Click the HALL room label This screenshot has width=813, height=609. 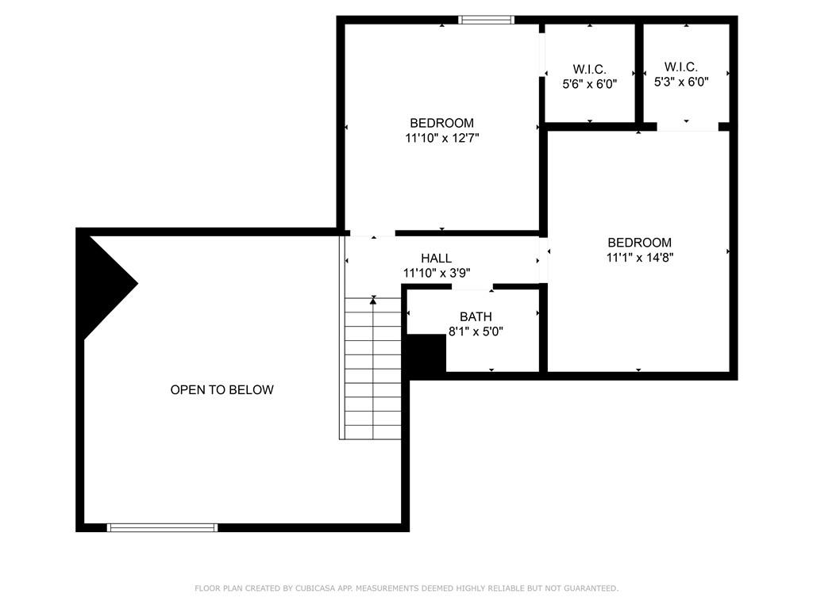click(436, 259)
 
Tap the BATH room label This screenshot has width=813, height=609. click(475, 317)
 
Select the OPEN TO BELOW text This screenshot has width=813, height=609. click(222, 390)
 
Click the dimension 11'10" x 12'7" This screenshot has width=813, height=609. click(441, 138)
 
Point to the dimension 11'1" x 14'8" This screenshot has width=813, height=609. click(640, 257)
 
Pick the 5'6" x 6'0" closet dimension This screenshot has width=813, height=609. click(589, 82)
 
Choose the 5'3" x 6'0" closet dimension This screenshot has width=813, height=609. click(681, 82)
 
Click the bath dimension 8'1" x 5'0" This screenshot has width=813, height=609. click(476, 331)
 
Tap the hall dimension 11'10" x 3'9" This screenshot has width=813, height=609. click(436, 273)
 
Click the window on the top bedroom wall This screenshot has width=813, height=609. click(487, 20)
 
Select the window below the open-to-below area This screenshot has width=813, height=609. click(162, 527)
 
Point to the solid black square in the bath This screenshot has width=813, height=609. click(426, 353)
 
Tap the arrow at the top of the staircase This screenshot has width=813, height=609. click(373, 301)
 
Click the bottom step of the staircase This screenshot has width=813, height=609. click(373, 432)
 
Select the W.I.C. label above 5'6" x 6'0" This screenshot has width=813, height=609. click(589, 68)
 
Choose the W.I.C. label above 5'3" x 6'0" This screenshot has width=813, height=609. click(681, 67)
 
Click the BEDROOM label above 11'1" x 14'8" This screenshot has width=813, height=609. click(640, 243)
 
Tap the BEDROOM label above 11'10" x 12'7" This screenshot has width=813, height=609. click(441, 123)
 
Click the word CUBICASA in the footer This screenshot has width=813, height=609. click(315, 588)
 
